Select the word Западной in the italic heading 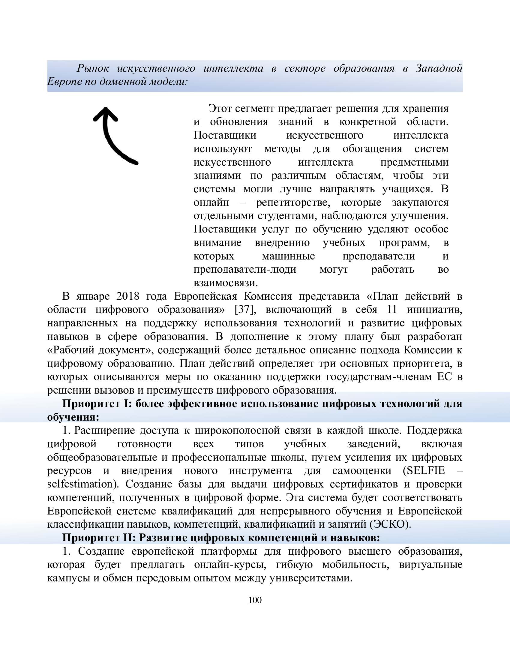439,68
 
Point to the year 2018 127,296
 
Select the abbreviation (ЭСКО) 390,524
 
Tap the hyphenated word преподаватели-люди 245,269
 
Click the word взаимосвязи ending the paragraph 225,283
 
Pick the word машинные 288,256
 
